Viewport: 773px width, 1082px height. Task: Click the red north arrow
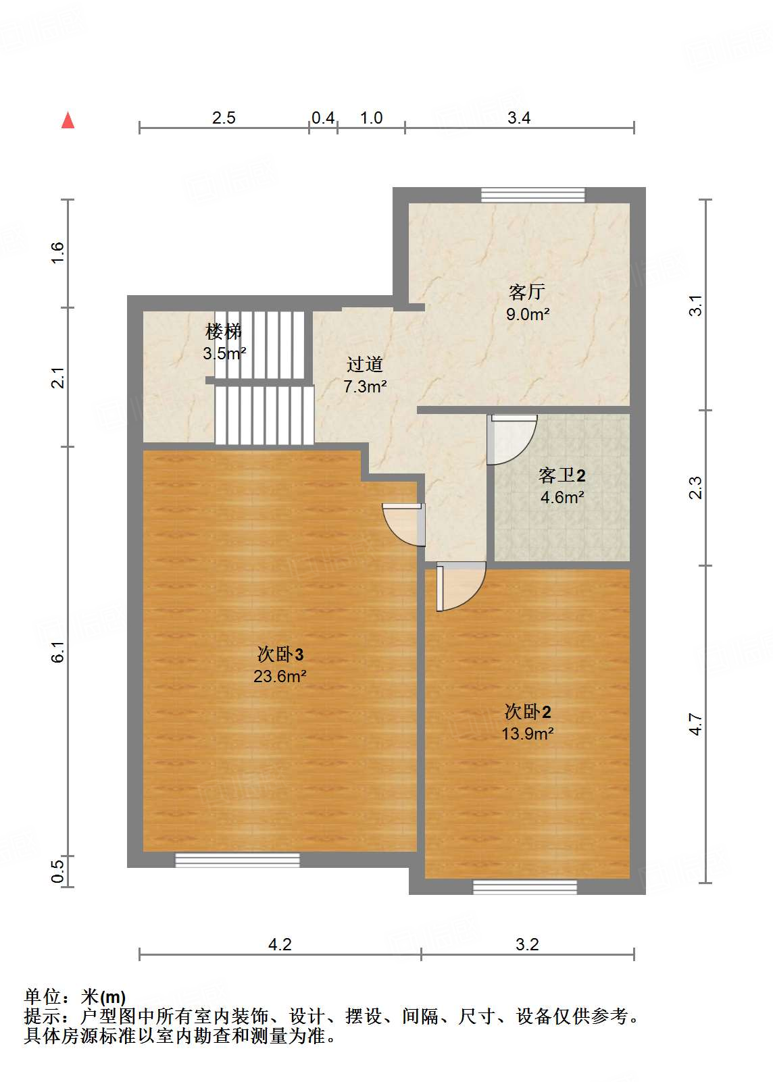pyautogui.click(x=68, y=120)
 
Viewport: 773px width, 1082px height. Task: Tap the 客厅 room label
pyautogui.click(x=526, y=292)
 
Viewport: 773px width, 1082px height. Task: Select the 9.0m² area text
pyautogui.click(x=527, y=314)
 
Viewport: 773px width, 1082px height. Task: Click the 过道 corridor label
pyautogui.click(x=365, y=365)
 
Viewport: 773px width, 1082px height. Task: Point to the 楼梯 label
pyautogui.click(x=224, y=332)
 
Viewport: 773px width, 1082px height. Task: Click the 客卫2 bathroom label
pyautogui.click(x=562, y=475)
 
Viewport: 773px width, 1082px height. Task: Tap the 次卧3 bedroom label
pyautogui.click(x=280, y=654)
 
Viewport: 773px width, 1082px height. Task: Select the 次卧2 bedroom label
pyautogui.click(x=528, y=712)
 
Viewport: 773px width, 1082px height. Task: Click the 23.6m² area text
pyautogui.click(x=280, y=676)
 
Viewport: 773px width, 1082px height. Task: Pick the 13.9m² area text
pyautogui.click(x=527, y=733)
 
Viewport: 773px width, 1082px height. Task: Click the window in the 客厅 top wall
pyautogui.click(x=533, y=195)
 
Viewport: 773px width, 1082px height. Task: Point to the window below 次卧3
pyautogui.click(x=237, y=860)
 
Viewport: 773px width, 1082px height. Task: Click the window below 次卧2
pyautogui.click(x=525, y=887)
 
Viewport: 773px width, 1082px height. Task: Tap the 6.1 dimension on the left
pyautogui.click(x=58, y=650)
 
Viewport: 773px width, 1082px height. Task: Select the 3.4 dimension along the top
pyautogui.click(x=519, y=118)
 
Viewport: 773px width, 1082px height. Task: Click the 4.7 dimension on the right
pyautogui.click(x=696, y=724)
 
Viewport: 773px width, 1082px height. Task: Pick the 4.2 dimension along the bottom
pyautogui.click(x=280, y=944)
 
